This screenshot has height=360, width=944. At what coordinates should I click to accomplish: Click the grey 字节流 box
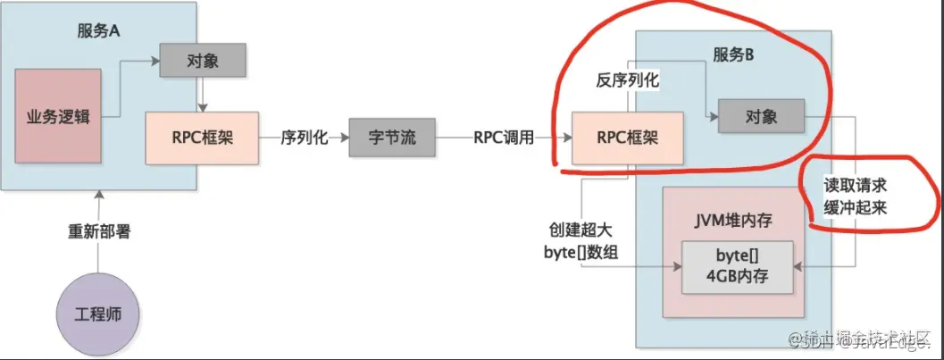(x=392, y=138)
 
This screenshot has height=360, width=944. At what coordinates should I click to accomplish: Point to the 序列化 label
(x=305, y=138)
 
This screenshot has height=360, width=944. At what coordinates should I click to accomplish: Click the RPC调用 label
(x=505, y=138)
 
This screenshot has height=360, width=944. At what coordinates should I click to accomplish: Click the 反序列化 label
(x=627, y=80)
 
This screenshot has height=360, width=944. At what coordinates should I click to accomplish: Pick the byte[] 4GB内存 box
(x=737, y=266)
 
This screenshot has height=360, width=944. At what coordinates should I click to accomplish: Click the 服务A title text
(x=99, y=28)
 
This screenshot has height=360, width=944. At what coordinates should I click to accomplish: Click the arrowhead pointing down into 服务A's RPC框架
(x=203, y=108)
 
